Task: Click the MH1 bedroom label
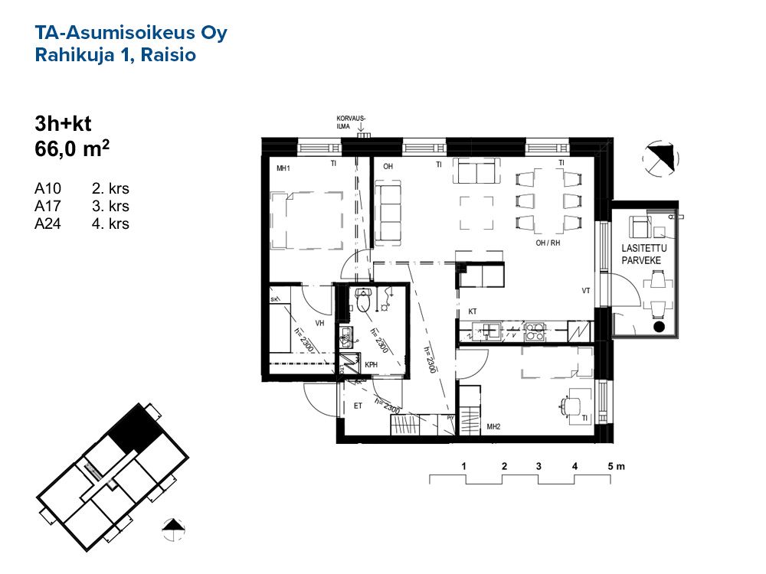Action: (x=283, y=168)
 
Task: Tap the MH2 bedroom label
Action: (x=493, y=426)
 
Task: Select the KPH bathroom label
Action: (x=372, y=364)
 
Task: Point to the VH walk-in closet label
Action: (x=320, y=323)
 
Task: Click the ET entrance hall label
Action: (x=358, y=406)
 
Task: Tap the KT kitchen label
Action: (x=473, y=311)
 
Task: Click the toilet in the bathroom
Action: (x=363, y=300)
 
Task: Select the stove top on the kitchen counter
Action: (x=535, y=332)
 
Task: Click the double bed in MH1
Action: (x=307, y=220)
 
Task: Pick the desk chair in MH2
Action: (x=570, y=405)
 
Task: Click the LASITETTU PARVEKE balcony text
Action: (x=643, y=254)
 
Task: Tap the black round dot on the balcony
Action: (x=659, y=327)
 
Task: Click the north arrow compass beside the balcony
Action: (x=660, y=158)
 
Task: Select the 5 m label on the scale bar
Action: (x=616, y=467)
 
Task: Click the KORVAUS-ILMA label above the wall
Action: (x=351, y=122)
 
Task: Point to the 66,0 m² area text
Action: (x=72, y=148)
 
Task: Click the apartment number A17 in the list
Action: (x=47, y=206)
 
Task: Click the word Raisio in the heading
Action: (x=168, y=54)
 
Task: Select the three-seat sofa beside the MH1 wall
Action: (x=388, y=212)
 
